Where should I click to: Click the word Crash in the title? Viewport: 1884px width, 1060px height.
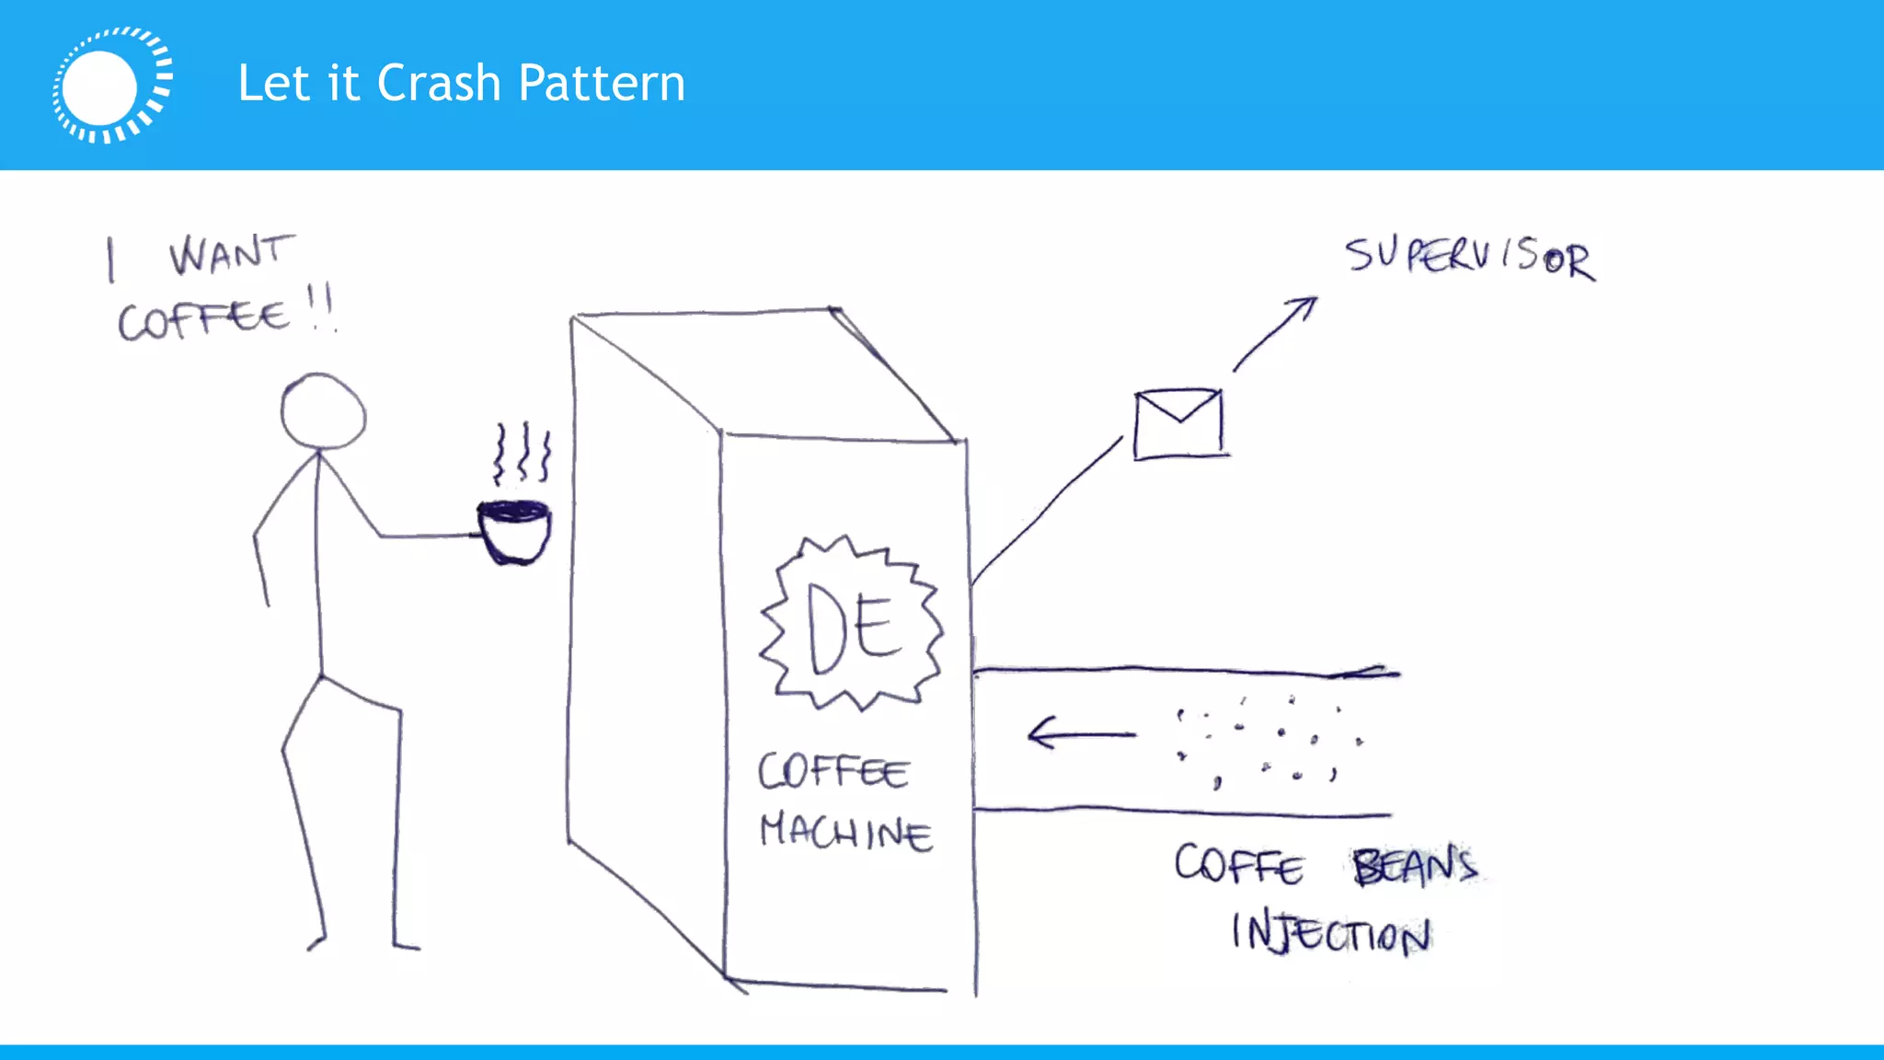[x=439, y=84]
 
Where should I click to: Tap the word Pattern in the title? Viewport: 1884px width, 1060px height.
[x=602, y=84]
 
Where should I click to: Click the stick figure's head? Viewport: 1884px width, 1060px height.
[x=323, y=411]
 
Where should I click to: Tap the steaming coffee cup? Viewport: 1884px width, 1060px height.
[x=514, y=531]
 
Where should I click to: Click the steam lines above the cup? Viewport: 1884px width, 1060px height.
[x=522, y=453]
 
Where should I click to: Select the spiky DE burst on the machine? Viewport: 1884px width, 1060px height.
[x=851, y=624]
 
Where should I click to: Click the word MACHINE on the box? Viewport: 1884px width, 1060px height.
[x=845, y=832]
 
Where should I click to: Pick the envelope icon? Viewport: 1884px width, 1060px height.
[x=1178, y=423]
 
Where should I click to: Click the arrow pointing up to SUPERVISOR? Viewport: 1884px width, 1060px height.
[x=1275, y=333]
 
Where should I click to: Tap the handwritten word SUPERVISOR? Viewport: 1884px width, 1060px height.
[x=1469, y=257]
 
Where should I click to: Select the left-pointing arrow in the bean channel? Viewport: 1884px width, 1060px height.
[x=1081, y=734]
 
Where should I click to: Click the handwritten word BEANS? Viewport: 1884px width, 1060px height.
[x=1415, y=866]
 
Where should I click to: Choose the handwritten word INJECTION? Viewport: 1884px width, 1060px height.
[x=1330, y=933]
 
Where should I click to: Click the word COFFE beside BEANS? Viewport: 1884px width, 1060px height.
[x=1238, y=866]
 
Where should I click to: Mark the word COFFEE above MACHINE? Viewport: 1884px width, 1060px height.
[x=833, y=771]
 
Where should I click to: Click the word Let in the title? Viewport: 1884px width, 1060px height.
[x=273, y=84]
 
